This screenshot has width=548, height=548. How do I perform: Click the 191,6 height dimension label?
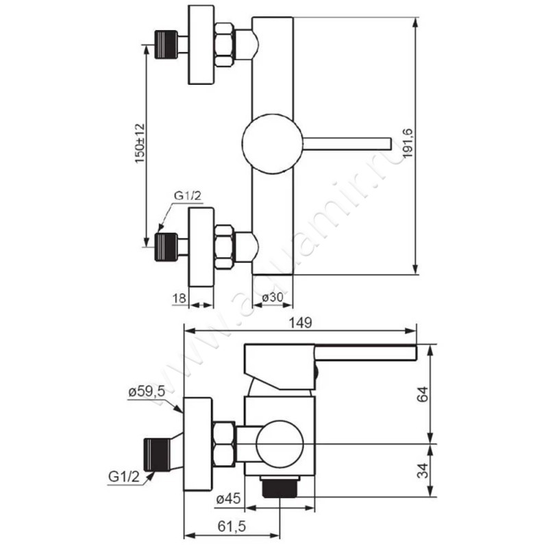point(408,143)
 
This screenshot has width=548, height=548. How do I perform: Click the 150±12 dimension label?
point(140,143)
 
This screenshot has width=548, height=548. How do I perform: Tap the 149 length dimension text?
point(300,323)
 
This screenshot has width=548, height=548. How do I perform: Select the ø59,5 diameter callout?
point(147,392)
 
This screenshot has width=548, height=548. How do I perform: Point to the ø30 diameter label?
point(272,297)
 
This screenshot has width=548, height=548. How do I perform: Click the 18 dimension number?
point(179,298)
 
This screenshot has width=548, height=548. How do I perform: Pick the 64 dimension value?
point(423,395)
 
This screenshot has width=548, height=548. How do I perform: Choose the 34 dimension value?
point(423,471)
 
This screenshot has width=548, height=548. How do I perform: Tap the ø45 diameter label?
point(229,499)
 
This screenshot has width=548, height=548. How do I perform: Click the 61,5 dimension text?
point(232,526)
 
